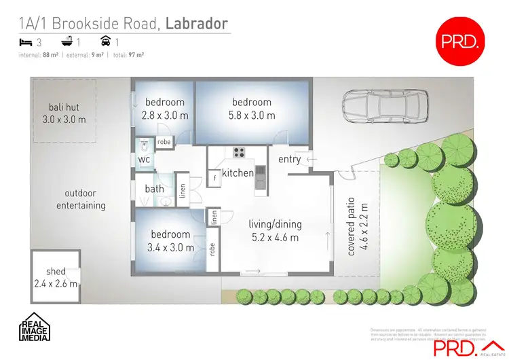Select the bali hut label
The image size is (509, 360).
[60, 107]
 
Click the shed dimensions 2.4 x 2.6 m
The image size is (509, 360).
[56, 283]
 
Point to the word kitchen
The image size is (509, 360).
[238, 173]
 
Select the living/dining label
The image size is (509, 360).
[275, 224]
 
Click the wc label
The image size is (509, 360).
[144, 160]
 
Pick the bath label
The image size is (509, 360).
[154, 188]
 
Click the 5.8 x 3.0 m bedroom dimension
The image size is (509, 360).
[251, 115]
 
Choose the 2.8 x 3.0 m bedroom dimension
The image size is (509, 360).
[164, 115]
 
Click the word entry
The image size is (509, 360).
[290, 159]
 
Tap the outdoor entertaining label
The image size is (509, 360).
[80, 199]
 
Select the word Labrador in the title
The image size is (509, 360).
[197, 24]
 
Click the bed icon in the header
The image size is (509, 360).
[25, 42]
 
